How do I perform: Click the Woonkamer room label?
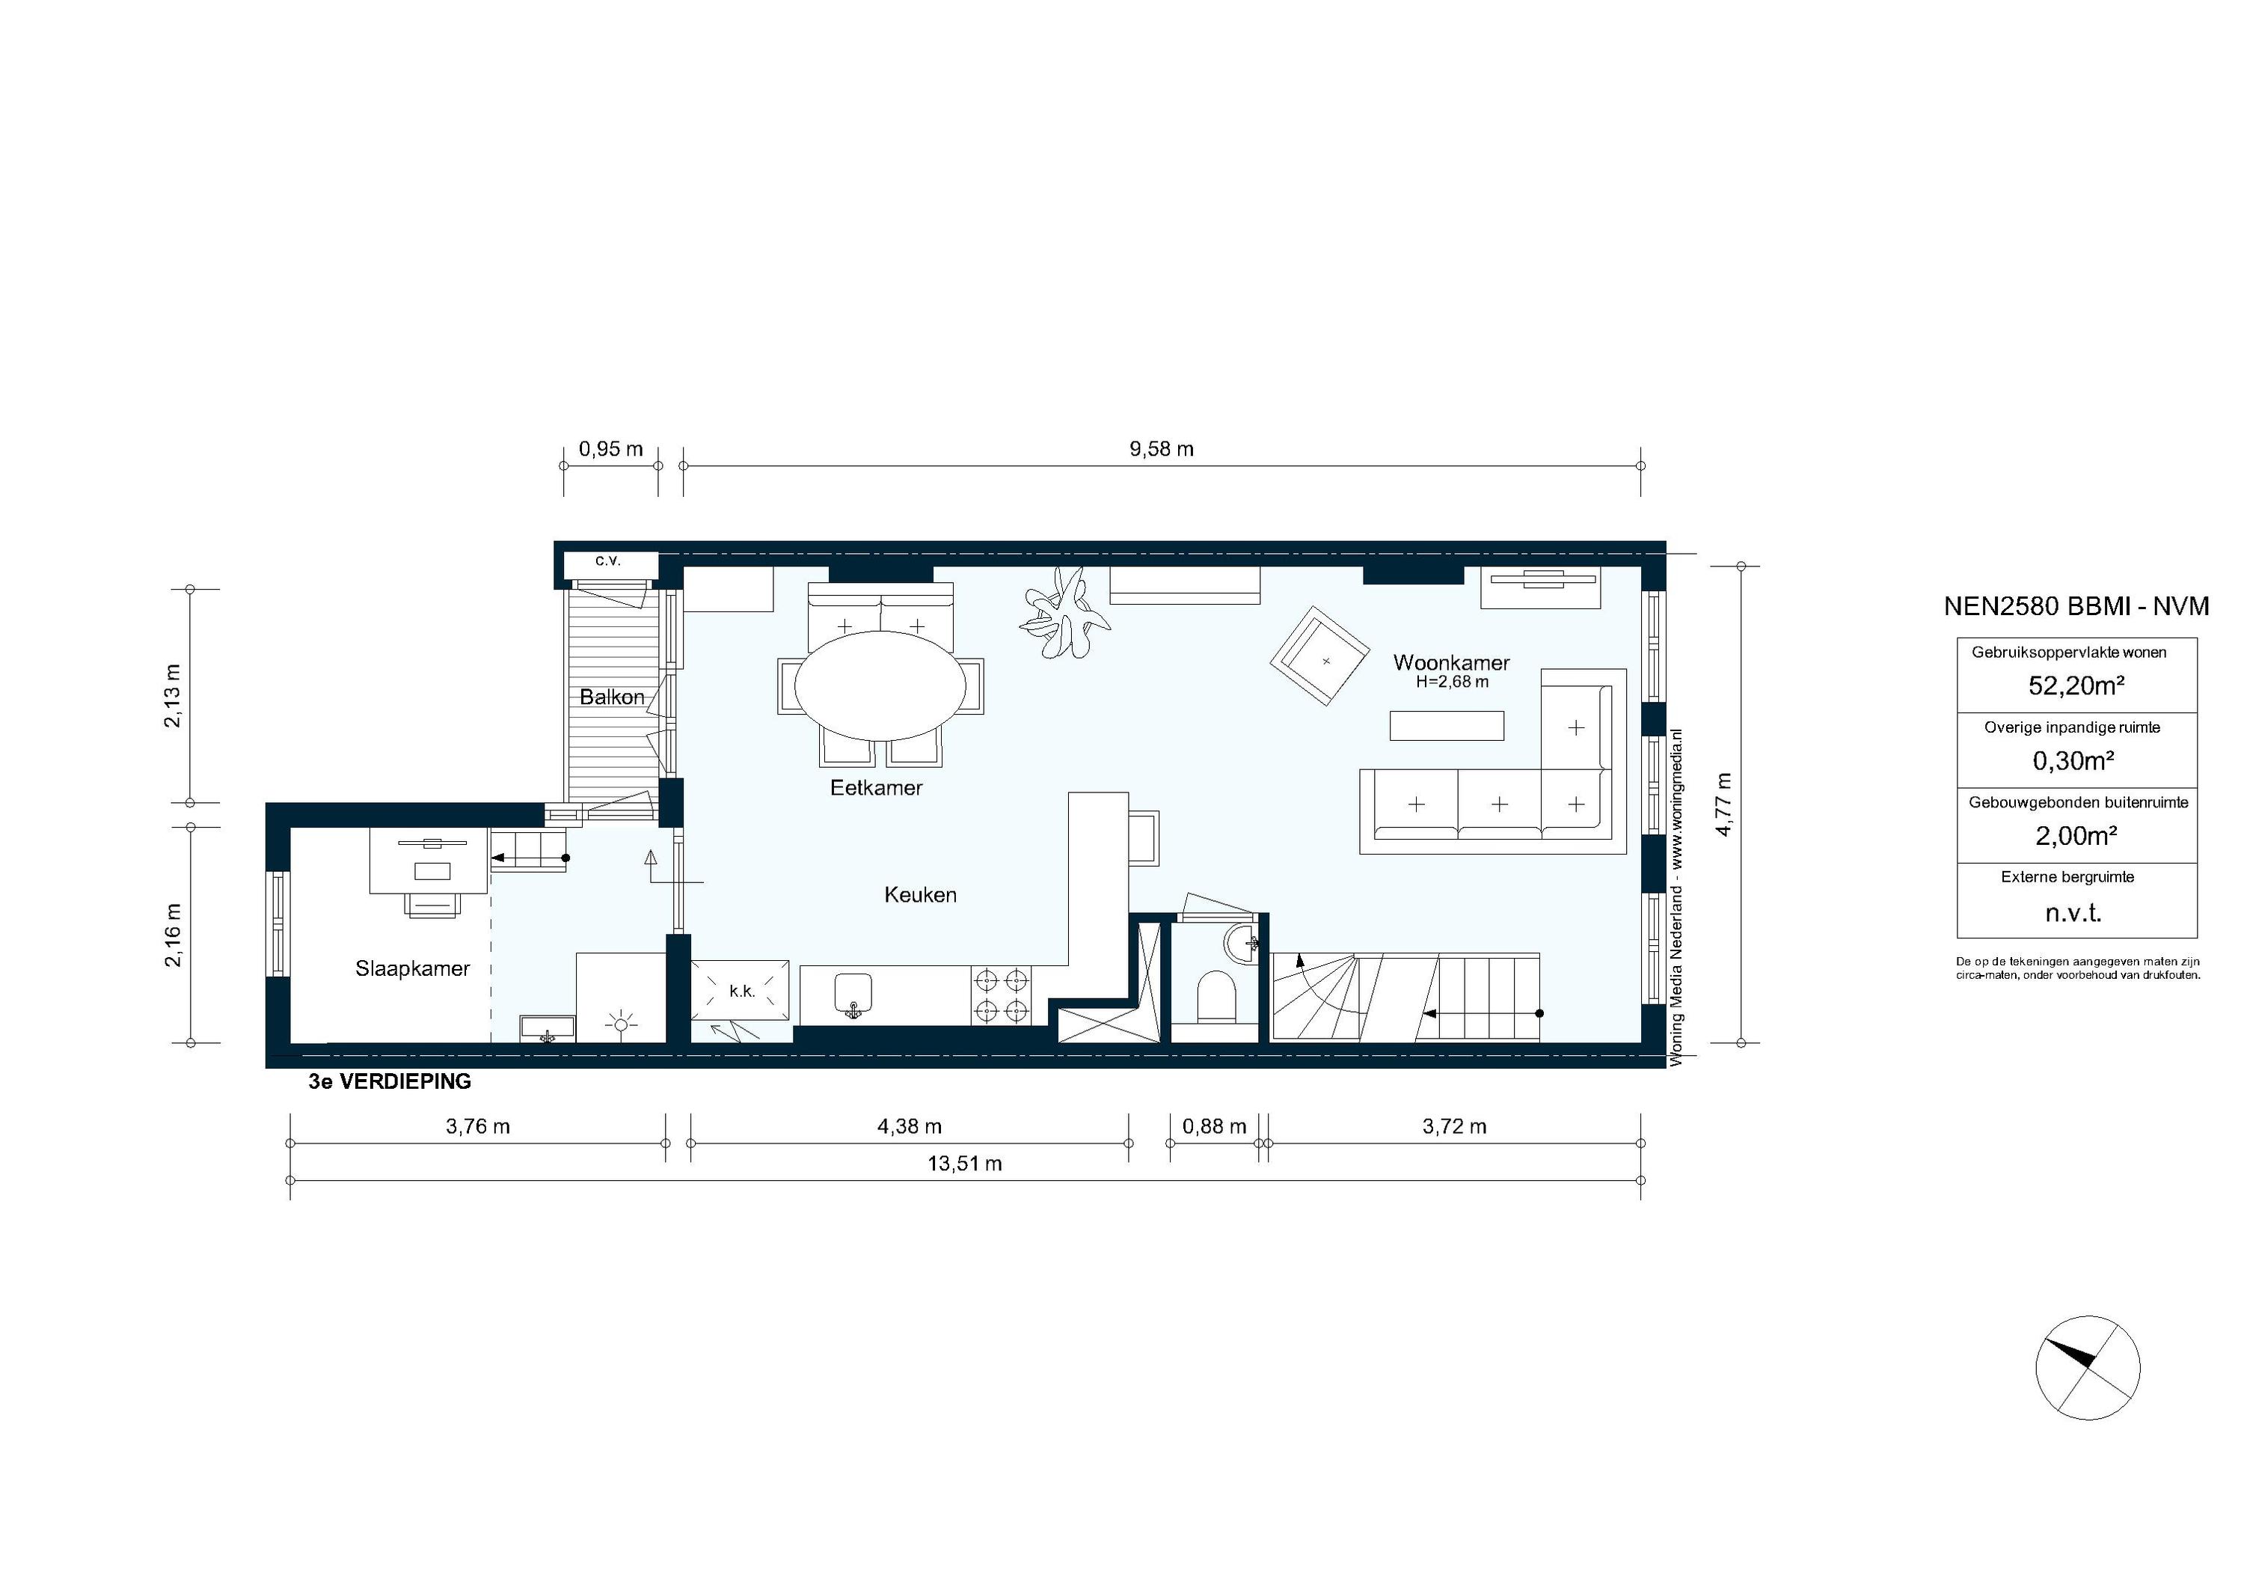1450,663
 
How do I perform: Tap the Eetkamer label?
876,787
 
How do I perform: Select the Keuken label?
920,894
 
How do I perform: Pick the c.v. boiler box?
608,561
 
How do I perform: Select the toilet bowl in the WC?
1215,995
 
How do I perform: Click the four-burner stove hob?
1001,995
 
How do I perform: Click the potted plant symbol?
1064,613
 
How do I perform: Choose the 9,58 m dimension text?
1161,450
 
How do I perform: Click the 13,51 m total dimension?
965,1164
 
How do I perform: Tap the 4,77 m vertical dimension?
1723,804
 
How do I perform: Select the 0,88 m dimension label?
1214,1126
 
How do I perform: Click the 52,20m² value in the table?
2076,686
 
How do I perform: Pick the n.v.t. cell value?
2073,913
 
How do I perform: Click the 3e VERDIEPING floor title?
390,1082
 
